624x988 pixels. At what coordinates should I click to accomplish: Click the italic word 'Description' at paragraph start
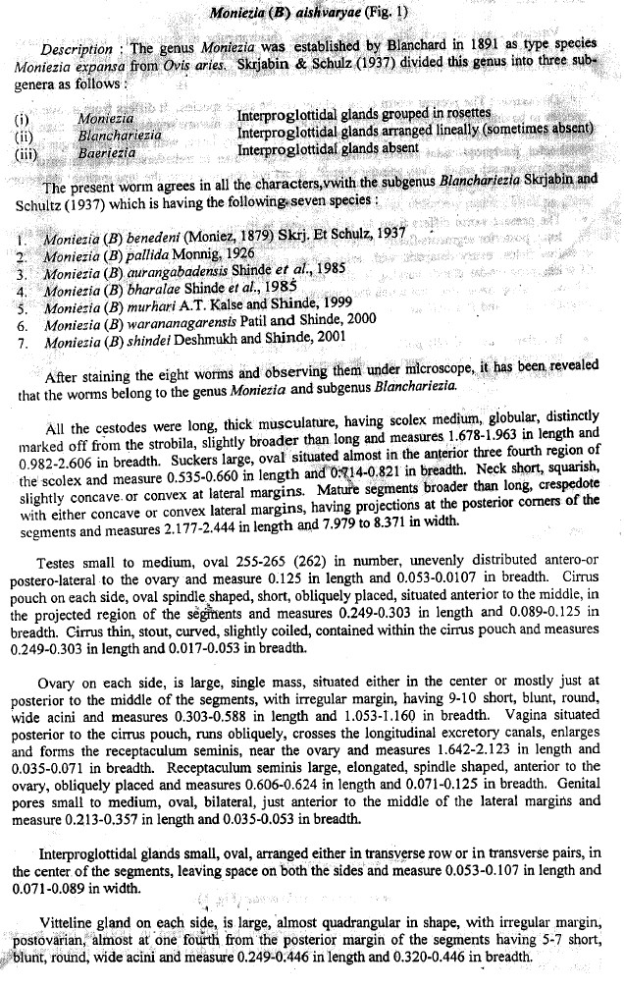(76, 50)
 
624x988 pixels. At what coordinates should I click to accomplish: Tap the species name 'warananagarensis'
(195, 318)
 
